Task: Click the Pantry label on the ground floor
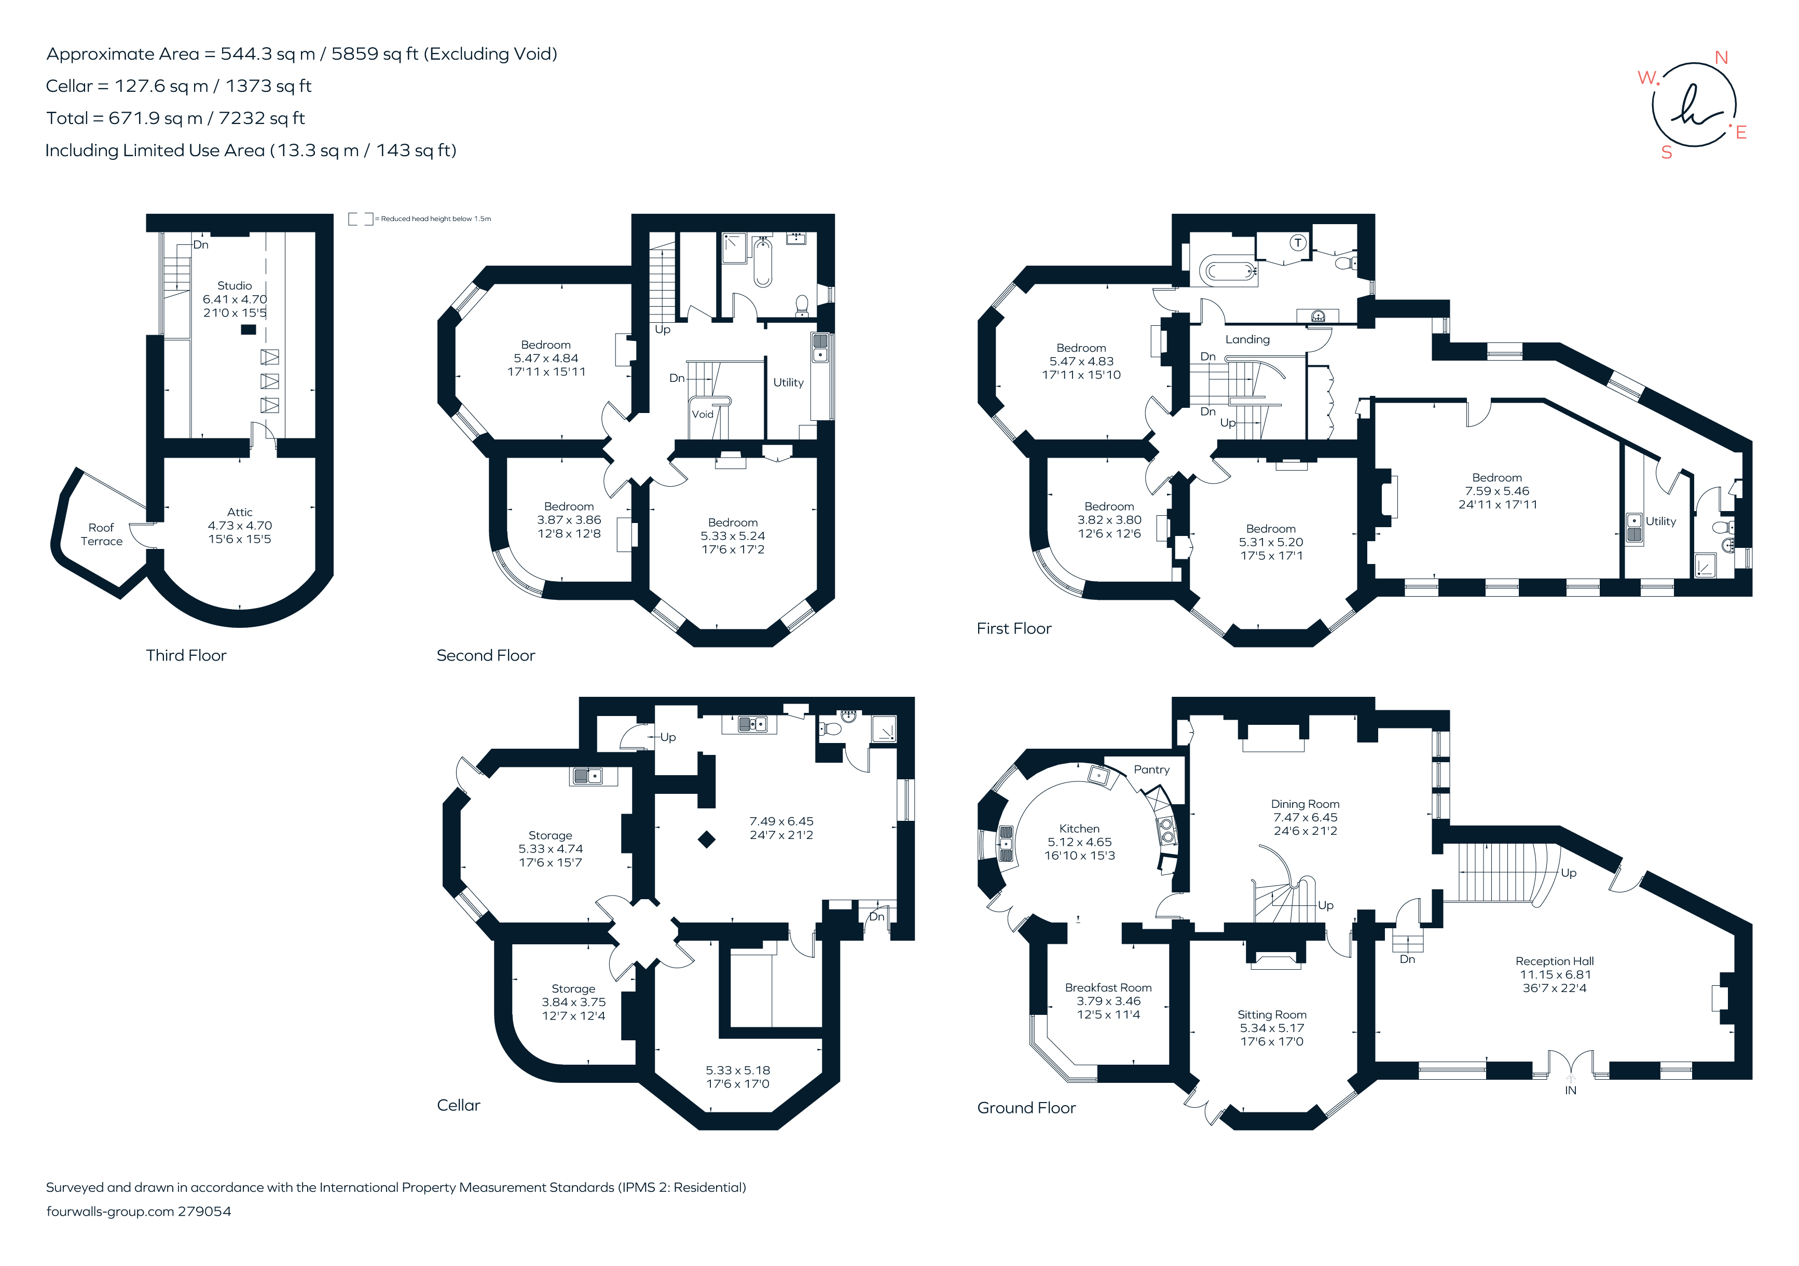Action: (1151, 769)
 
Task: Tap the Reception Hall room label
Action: (1554, 961)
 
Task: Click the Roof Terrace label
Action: (101, 534)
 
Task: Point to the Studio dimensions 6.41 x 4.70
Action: (234, 299)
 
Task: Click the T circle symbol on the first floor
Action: (1298, 243)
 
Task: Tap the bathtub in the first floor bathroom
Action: (1228, 271)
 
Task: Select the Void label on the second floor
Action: (702, 415)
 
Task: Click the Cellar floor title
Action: (458, 1105)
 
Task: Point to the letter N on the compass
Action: (1722, 58)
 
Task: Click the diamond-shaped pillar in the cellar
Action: (707, 839)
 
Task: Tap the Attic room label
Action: (240, 512)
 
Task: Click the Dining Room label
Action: (1304, 804)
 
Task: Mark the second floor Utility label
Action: (788, 382)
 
